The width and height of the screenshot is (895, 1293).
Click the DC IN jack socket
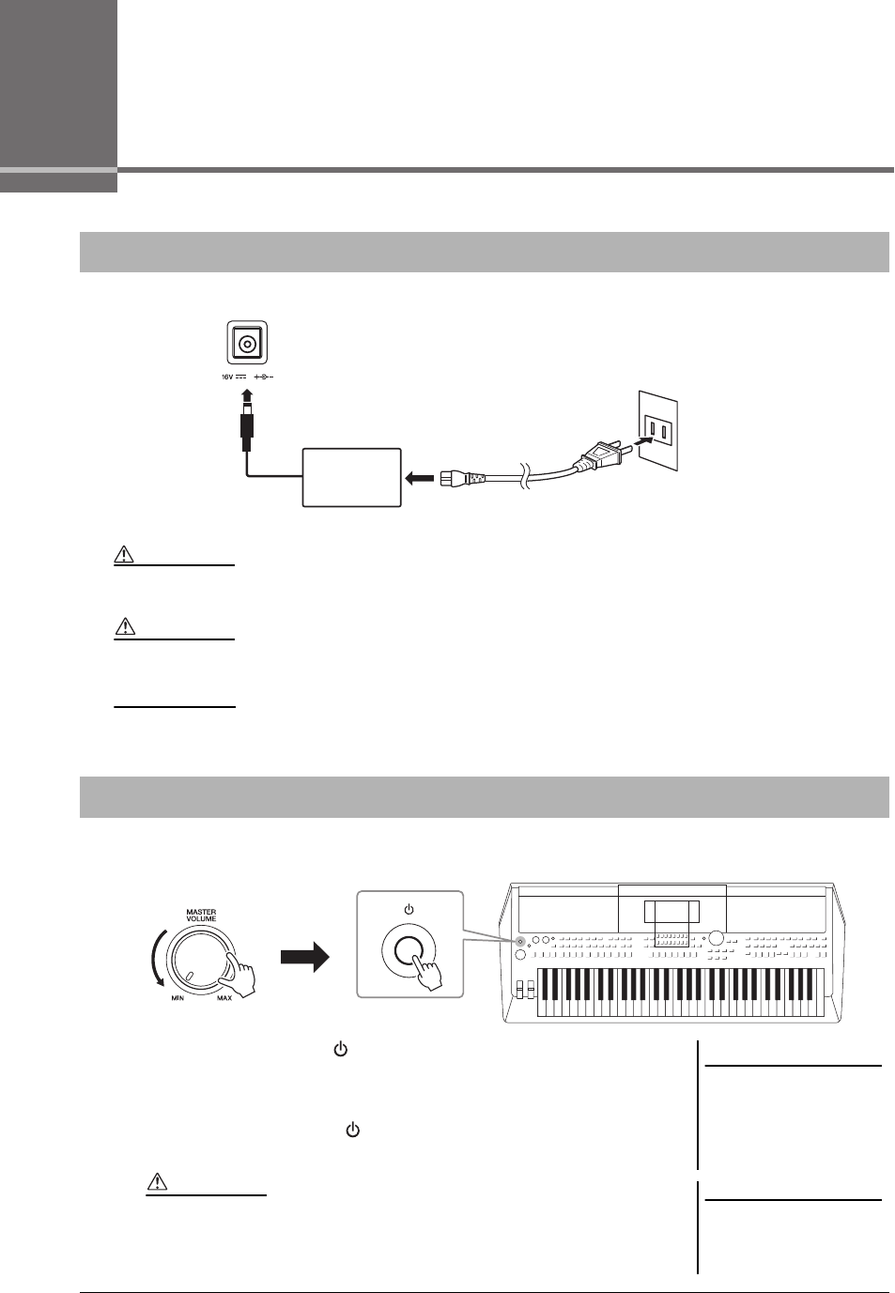coord(247,343)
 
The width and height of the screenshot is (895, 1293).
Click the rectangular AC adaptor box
coord(351,478)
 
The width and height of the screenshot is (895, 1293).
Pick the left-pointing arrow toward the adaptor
coord(419,480)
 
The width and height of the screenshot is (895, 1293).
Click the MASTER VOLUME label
coord(201,915)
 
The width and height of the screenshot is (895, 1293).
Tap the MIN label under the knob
coord(177,998)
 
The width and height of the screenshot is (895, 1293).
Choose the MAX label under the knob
coord(224,998)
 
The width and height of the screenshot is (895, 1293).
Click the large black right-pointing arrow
coord(305,959)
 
